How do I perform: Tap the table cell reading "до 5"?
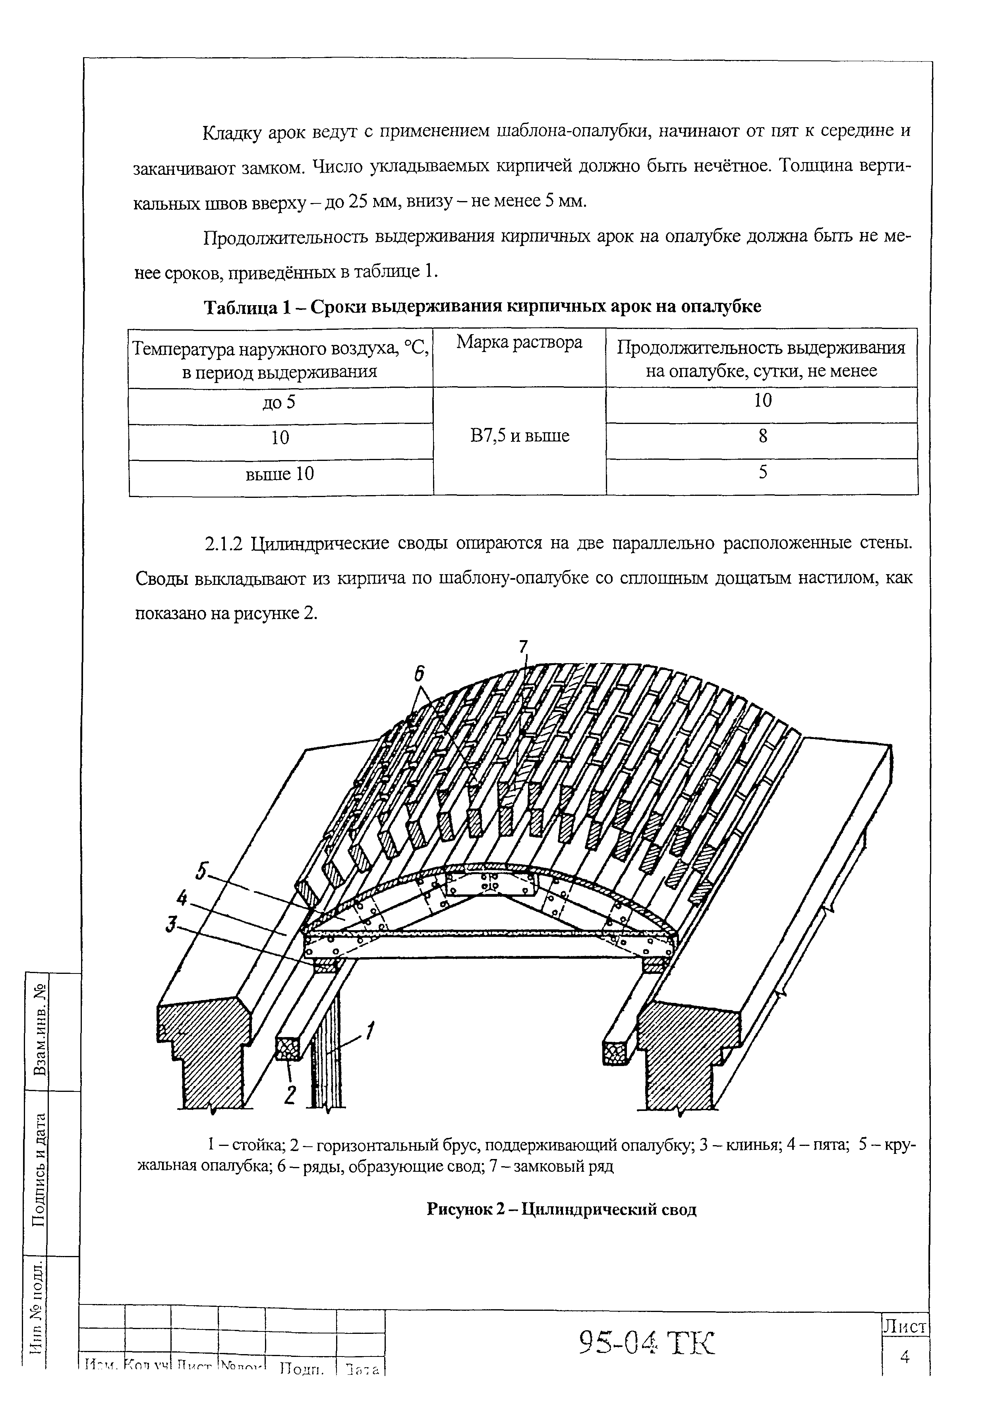coord(280,402)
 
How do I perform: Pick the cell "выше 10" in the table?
coord(280,474)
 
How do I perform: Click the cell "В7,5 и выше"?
coord(520,436)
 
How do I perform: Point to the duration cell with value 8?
coord(762,437)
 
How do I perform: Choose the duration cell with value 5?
coord(762,473)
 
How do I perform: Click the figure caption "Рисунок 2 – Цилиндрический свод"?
coord(561,1209)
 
